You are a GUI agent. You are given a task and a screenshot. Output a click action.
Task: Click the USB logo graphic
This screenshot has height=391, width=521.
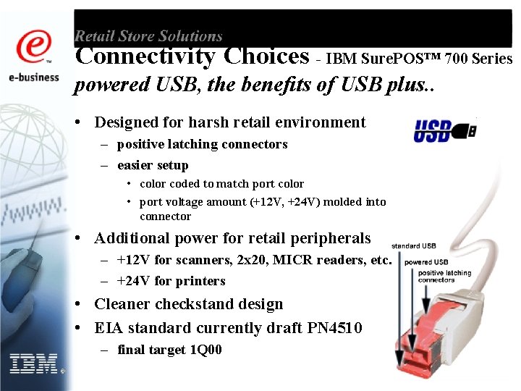coord(444,131)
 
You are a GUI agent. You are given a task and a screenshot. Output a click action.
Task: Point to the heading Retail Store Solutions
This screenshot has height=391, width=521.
coord(148,35)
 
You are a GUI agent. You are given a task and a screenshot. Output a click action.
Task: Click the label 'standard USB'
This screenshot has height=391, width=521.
coord(414,246)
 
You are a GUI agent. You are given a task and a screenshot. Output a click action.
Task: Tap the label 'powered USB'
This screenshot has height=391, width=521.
coord(426,262)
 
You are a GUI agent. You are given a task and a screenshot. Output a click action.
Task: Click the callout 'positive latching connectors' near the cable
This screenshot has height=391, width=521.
coord(444,276)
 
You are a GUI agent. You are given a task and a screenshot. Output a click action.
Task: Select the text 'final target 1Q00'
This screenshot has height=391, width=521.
coord(169,350)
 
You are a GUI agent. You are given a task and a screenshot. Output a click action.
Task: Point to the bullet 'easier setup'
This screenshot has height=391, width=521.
coord(152,165)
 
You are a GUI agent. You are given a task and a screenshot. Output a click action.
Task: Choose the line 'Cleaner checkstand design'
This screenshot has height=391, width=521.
coord(188,304)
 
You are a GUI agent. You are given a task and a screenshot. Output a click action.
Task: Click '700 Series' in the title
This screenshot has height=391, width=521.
coord(478,59)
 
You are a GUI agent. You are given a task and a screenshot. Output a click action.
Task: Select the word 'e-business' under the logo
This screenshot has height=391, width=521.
coord(34,77)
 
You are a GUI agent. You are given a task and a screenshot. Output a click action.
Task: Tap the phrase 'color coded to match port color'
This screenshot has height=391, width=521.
coord(221,184)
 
